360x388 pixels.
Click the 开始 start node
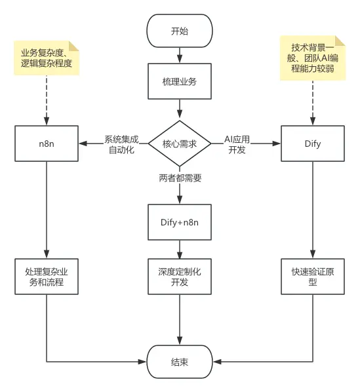point(180,31)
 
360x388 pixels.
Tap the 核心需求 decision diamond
point(180,143)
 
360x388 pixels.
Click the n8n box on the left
point(46,143)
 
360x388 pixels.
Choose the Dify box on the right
point(313,143)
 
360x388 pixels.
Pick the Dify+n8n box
point(180,223)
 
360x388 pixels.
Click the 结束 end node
point(180,362)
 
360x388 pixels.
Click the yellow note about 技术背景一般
point(313,60)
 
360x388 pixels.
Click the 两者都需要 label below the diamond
point(180,177)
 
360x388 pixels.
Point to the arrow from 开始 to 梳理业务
point(180,56)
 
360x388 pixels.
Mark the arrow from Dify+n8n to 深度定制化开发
point(180,250)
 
